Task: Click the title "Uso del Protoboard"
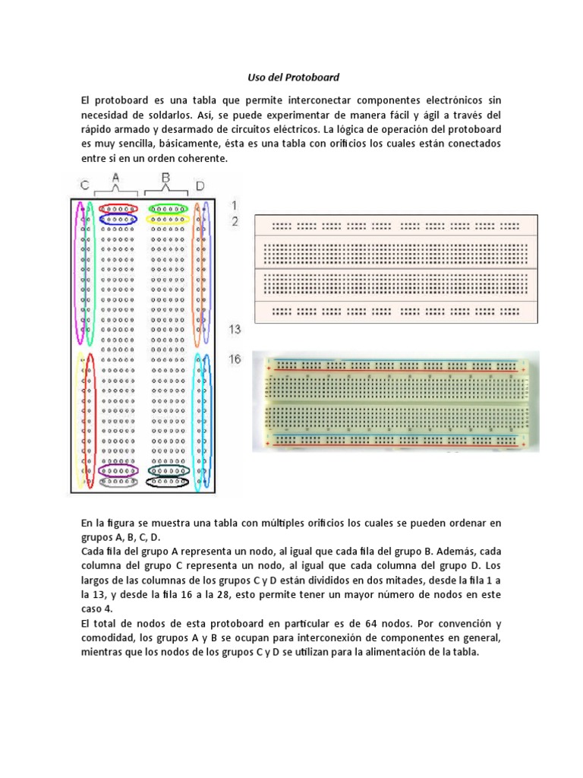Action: tap(291, 77)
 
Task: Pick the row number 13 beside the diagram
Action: tap(236, 329)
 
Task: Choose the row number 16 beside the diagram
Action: tap(235, 359)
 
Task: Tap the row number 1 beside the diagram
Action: tap(235, 206)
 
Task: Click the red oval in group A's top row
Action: tap(118, 208)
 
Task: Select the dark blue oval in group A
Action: tap(118, 219)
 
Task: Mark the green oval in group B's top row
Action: tap(168, 208)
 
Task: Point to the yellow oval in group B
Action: tap(168, 219)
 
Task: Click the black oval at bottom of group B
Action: tap(168, 481)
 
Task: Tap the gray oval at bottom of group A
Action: tap(118, 481)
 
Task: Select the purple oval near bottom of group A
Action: tap(118, 470)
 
